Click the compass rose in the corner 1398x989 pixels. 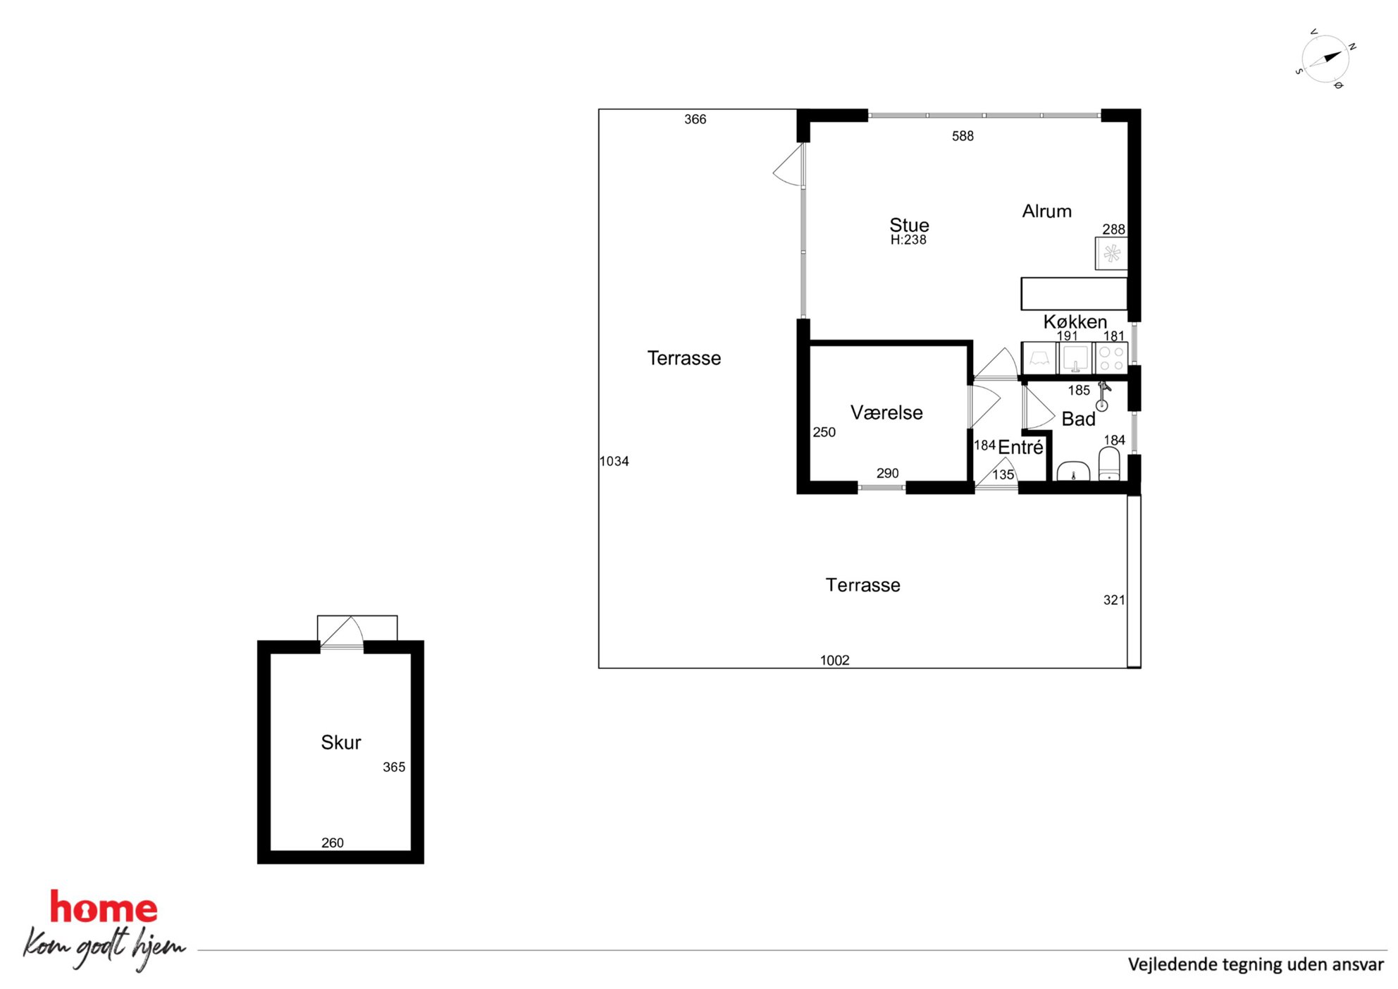click(x=1325, y=59)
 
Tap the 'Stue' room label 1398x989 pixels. click(x=909, y=225)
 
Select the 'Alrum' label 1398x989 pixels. click(x=1046, y=211)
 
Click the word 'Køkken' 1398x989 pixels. click(x=1075, y=321)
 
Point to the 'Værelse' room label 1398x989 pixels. click(x=886, y=412)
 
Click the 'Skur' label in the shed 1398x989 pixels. click(x=341, y=742)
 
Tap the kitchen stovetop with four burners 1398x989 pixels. click(x=1112, y=358)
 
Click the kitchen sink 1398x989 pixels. click(x=1075, y=358)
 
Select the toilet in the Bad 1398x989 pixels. click(x=1109, y=465)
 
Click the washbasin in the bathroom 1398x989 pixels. click(x=1073, y=471)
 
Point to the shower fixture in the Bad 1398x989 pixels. click(x=1103, y=396)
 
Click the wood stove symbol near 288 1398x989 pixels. click(x=1112, y=254)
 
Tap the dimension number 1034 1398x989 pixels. click(x=614, y=461)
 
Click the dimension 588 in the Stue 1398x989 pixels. click(x=963, y=136)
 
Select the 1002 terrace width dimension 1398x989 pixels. click(x=835, y=661)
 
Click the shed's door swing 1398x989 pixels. click(x=342, y=632)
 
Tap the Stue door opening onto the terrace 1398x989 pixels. click(x=789, y=165)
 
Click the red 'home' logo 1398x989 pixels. click(x=104, y=907)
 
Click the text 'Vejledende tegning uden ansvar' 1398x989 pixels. click(x=1256, y=964)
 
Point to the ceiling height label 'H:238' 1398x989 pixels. click(x=908, y=240)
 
